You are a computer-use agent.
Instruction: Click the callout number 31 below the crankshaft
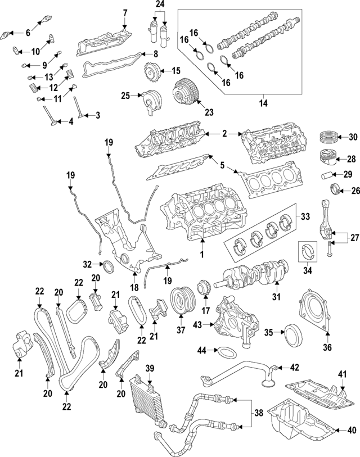276,297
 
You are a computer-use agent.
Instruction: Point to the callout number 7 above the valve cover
125,12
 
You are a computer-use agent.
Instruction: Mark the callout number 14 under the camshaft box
261,103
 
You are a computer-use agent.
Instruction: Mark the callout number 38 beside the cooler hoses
258,414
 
